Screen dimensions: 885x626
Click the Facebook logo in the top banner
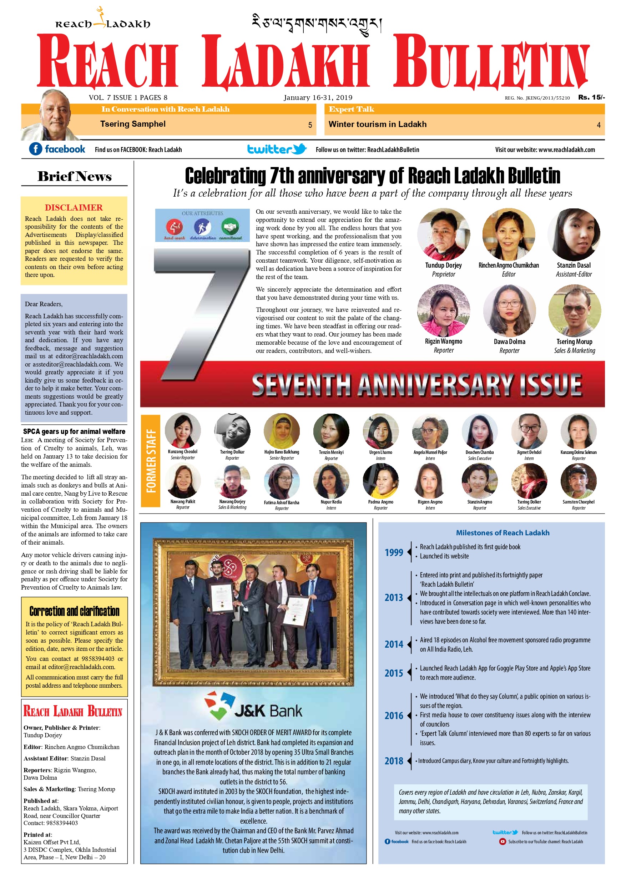click(x=57, y=149)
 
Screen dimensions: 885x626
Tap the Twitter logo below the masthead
click(x=276, y=149)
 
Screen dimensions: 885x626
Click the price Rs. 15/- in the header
click(x=591, y=97)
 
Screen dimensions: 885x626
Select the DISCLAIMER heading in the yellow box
click(x=74, y=207)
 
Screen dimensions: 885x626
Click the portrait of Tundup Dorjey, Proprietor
click(x=443, y=234)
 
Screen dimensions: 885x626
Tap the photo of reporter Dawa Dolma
click(x=509, y=311)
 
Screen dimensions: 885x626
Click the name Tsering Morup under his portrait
click(x=574, y=342)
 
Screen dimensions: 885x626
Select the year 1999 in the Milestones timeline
click(x=394, y=552)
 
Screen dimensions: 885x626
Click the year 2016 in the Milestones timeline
click(x=394, y=715)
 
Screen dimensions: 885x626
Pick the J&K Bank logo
click(x=253, y=706)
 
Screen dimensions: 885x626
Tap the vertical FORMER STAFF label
click(x=151, y=461)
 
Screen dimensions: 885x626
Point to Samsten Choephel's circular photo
click(x=578, y=481)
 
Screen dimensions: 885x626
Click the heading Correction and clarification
click(x=74, y=611)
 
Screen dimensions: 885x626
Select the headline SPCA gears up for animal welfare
click(x=74, y=431)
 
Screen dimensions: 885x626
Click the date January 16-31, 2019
click(x=318, y=97)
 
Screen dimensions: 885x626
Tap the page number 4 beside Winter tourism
click(x=598, y=125)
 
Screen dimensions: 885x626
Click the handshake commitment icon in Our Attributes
click(x=230, y=227)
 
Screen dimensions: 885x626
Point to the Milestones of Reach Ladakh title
click(x=502, y=533)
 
